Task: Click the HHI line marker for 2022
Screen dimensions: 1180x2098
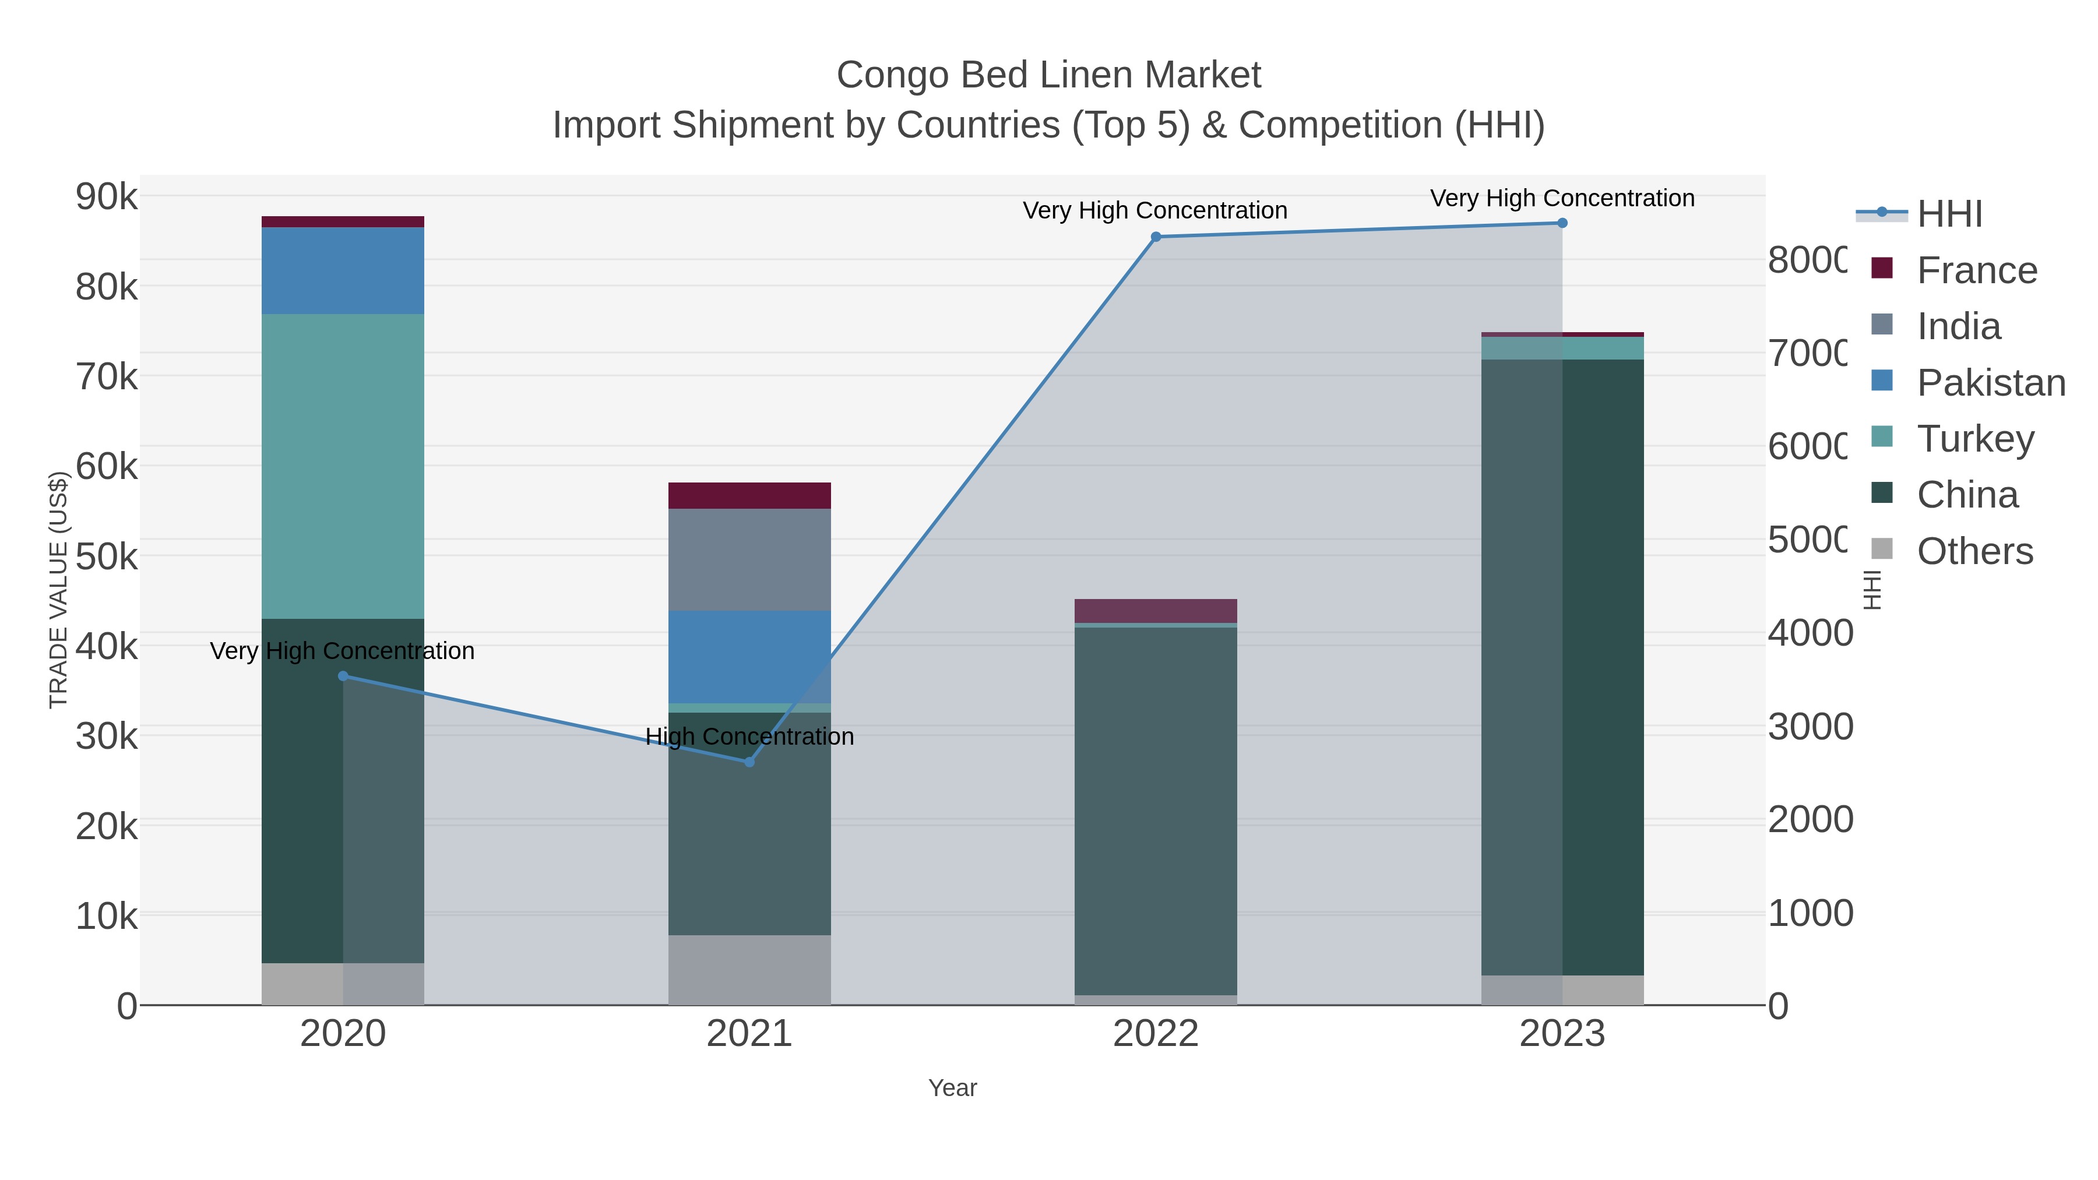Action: point(1156,237)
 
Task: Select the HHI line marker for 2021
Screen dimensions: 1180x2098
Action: point(749,762)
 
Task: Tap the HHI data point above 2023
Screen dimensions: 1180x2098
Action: point(1562,223)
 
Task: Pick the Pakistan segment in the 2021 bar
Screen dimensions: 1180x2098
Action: point(749,656)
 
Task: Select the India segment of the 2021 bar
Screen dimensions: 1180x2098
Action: point(749,559)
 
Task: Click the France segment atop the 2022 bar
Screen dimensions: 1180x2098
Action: point(1156,611)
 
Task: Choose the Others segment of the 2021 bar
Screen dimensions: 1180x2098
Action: point(749,969)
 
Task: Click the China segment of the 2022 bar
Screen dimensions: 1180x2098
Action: point(1156,811)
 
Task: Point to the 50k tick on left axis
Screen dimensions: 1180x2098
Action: point(107,558)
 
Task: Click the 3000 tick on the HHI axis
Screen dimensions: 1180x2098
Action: point(1810,727)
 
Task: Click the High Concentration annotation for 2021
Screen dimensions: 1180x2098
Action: point(749,736)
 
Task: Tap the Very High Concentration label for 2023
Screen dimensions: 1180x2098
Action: point(1562,198)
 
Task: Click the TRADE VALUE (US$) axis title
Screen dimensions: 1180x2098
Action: point(59,590)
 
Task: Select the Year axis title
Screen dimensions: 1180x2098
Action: point(952,1088)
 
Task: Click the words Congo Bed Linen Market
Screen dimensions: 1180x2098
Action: point(1048,75)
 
